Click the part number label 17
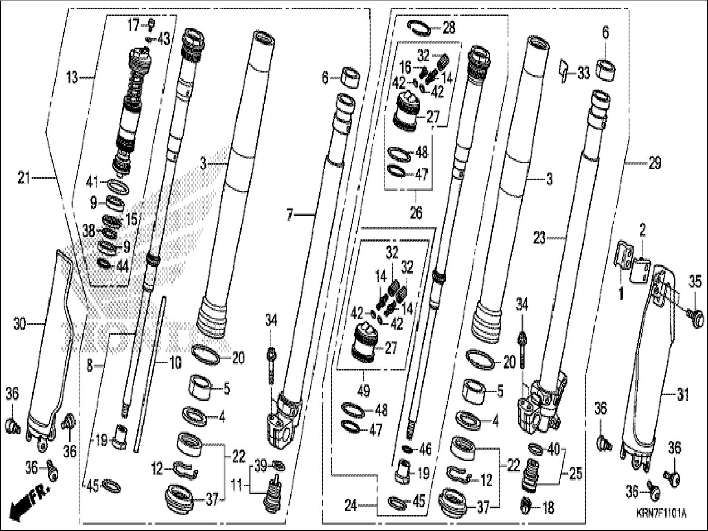(x=132, y=25)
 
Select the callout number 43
(x=163, y=39)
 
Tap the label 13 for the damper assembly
(x=72, y=78)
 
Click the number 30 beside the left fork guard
(x=20, y=324)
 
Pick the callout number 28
(x=449, y=28)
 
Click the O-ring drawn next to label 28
(x=420, y=27)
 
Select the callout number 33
(x=583, y=73)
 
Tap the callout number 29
(x=654, y=163)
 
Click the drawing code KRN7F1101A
(x=660, y=514)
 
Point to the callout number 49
(x=363, y=390)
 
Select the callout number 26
(x=415, y=212)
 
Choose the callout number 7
(x=291, y=215)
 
